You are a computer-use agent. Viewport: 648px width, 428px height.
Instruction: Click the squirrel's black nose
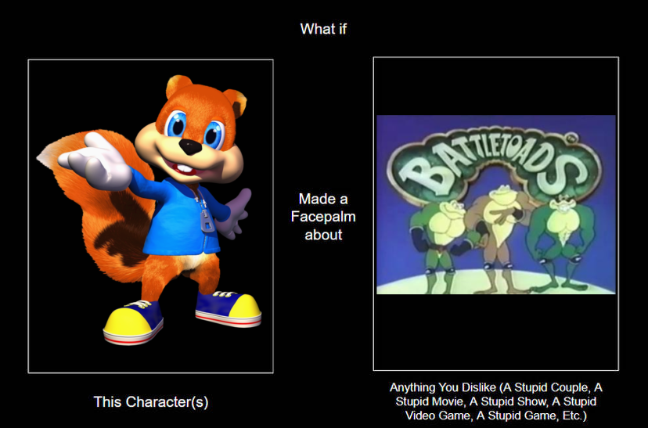(190, 146)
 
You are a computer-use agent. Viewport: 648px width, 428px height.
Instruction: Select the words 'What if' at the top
(323, 29)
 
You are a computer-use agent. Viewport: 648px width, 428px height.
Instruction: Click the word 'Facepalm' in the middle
(323, 217)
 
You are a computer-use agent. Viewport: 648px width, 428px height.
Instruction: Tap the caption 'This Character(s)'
(151, 401)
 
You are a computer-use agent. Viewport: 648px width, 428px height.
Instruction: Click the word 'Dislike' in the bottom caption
(477, 387)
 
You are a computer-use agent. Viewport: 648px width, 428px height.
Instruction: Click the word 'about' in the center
(323, 235)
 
